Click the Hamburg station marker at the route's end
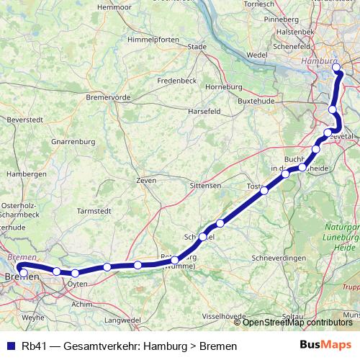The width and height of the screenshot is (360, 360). (x=337, y=68)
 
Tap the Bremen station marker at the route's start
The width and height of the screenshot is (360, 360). (x=22, y=272)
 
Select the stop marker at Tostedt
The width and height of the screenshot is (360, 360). (x=265, y=191)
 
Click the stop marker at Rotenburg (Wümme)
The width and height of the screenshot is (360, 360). (x=175, y=260)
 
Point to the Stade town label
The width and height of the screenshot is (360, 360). (x=197, y=47)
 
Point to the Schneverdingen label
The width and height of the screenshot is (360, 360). (x=282, y=258)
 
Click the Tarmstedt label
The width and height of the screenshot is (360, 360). (x=96, y=211)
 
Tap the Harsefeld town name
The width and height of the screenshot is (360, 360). (x=204, y=112)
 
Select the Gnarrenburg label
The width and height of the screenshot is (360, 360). (x=73, y=142)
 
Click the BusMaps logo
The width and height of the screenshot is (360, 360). (x=325, y=346)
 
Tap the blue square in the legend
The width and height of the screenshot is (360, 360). (x=12, y=346)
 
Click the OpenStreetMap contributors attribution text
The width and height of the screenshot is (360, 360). (x=297, y=323)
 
